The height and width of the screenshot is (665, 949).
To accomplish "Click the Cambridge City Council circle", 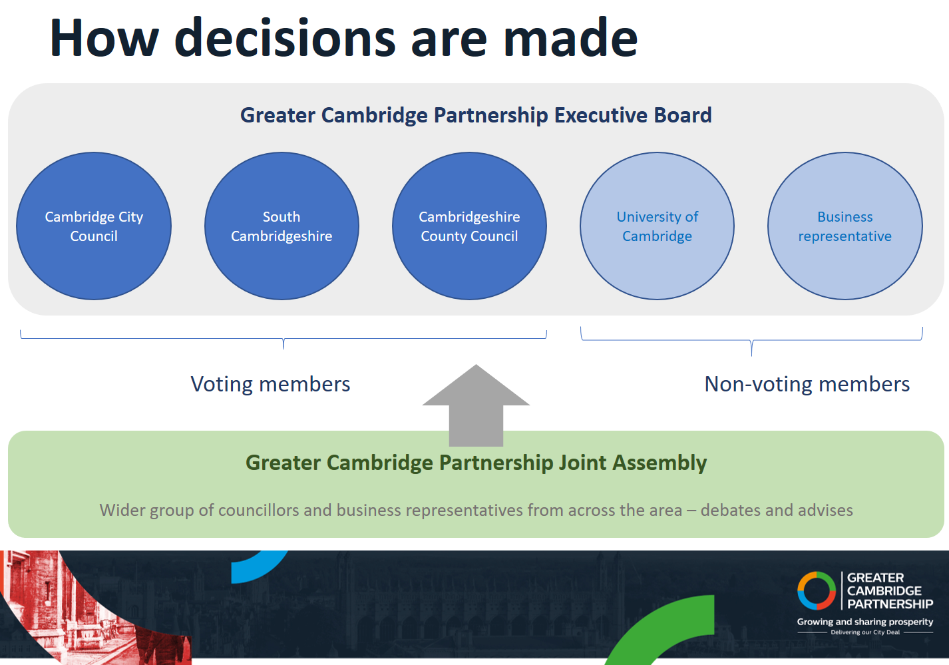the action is [94, 226].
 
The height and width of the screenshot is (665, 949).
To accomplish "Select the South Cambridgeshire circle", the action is [282, 226].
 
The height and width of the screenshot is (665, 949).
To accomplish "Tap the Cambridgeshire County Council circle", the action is [469, 226].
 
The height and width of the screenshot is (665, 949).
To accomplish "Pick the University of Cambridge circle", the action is [657, 226].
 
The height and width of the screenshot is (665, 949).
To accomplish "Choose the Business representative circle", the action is [845, 226].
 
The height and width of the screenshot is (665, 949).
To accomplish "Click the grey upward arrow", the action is [476, 405].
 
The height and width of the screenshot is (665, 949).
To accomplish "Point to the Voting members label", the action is [270, 384].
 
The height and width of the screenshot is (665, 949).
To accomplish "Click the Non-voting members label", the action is [807, 384].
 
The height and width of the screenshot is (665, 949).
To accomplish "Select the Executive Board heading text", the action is [476, 115].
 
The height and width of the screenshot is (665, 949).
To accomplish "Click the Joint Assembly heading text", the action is [476, 463].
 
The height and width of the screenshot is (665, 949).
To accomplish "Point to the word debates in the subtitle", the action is [731, 511].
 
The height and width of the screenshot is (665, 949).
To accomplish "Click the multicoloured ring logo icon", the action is [817, 590].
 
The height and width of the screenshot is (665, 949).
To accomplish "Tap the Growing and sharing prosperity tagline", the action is [865, 622].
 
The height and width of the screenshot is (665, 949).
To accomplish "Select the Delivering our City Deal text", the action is [865, 632].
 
